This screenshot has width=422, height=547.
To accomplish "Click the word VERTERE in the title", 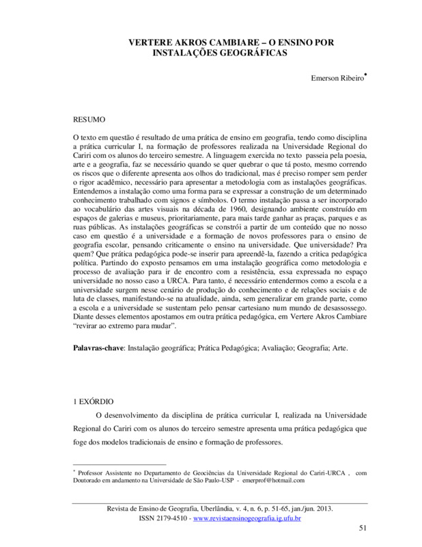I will point(150,42).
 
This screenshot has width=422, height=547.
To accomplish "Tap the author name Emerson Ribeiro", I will point(336,79).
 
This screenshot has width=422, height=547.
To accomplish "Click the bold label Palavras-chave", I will point(98,349).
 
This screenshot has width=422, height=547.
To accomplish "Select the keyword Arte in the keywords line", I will point(338,349).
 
